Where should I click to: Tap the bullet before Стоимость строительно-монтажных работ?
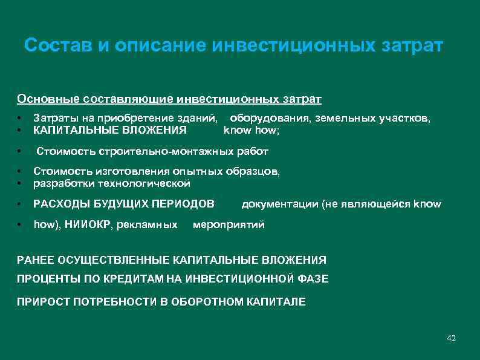coord(20,151)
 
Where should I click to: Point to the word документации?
coord(274,204)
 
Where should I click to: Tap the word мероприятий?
coord(229,225)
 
